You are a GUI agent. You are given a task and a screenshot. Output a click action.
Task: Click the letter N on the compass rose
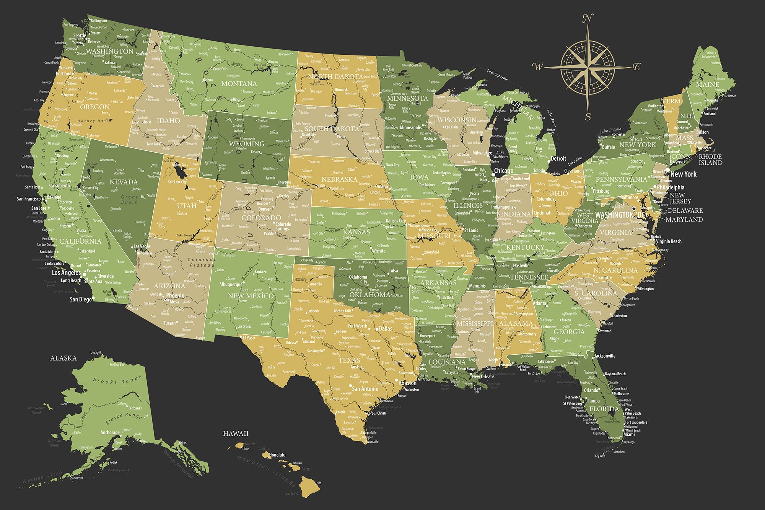(588, 18)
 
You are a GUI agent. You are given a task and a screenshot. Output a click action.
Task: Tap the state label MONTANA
(239, 83)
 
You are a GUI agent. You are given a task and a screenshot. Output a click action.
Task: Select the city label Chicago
(503, 171)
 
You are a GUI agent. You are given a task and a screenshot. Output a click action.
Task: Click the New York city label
(683, 174)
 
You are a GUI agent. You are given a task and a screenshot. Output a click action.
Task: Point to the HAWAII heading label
(236, 433)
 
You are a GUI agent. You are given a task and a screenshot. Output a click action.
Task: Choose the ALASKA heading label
(63, 358)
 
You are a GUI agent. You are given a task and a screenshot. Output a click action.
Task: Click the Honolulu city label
(277, 455)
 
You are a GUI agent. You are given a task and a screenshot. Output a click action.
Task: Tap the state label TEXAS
(349, 360)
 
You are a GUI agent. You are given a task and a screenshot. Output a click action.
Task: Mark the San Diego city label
(81, 299)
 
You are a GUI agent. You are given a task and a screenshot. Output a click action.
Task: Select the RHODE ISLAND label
(710, 160)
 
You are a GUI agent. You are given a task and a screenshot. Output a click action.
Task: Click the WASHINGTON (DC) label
(621, 215)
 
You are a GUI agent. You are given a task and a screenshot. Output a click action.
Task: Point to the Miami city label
(629, 434)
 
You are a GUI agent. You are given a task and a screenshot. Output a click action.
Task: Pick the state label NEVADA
(124, 182)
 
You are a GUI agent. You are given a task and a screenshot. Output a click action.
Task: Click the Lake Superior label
(497, 75)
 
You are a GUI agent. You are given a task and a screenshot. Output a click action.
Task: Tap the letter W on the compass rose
(537, 67)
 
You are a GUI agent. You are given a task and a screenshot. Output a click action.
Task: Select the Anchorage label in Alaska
(110, 432)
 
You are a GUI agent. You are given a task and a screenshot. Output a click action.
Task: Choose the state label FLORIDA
(604, 409)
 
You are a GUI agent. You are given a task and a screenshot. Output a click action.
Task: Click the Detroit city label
(558, 158)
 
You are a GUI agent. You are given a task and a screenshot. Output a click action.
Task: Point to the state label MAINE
(707, 85)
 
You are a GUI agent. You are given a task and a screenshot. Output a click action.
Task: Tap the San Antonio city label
(365, 389)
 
